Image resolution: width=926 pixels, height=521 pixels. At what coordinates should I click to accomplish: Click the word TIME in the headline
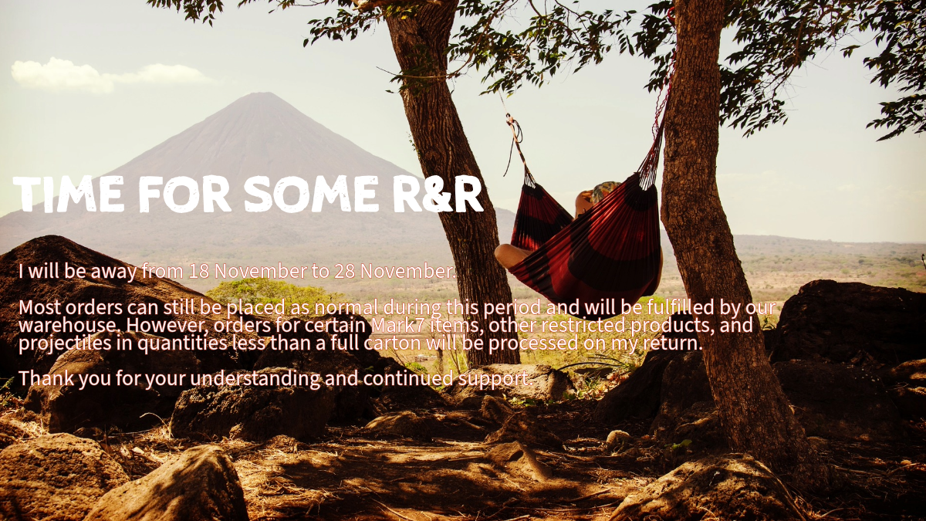point(69,194)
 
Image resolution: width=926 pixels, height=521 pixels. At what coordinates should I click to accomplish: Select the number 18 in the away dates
point(199,271)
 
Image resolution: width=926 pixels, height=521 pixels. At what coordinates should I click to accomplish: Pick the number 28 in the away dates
point(345,271)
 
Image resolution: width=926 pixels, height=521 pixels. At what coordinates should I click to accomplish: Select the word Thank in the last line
point(46,378)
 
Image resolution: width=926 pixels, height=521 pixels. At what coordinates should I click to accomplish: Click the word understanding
point(255,379)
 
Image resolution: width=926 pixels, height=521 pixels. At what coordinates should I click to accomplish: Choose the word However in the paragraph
point(168,326)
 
